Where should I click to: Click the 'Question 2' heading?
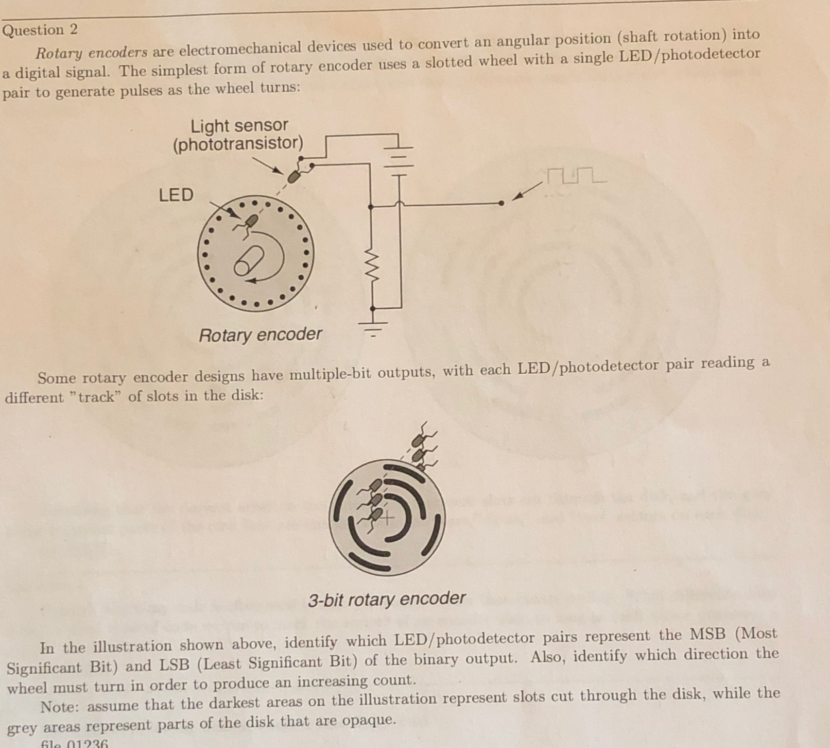(x=40, y=29)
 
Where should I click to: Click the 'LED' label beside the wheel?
(x=176, y=195)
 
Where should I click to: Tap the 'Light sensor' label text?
(x=239, y=126)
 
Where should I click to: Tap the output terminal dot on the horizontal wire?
(x=502, y=203)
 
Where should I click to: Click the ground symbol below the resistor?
(x=374, y=327)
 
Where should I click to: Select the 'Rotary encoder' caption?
(x=261, y=335)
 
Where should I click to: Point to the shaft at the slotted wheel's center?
(x=248, y=261)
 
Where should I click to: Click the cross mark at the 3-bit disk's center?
(x=387, y=518)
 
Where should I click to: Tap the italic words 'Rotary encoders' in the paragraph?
(x=92, y=53)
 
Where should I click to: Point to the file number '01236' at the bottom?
(x=87, y=743)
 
